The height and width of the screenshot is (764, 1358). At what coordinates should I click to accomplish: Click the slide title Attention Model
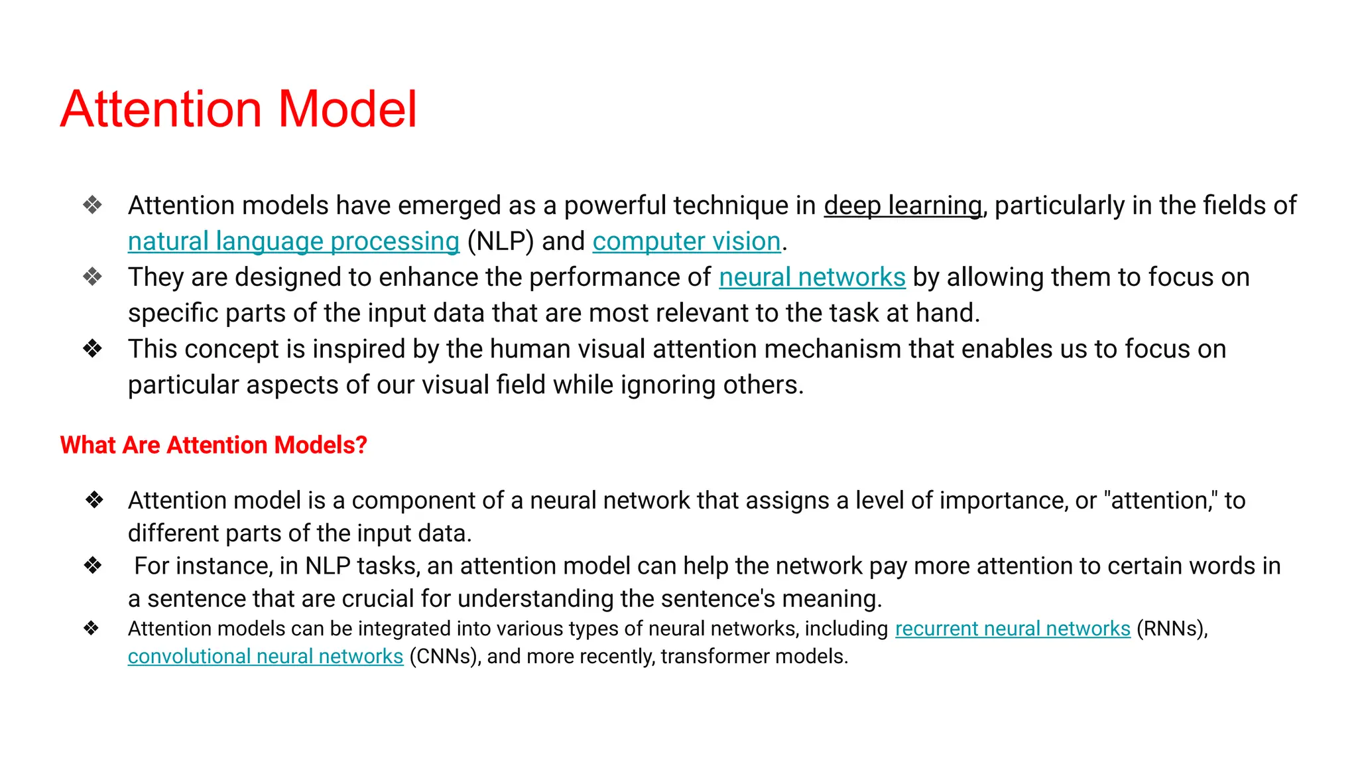pos(239,109)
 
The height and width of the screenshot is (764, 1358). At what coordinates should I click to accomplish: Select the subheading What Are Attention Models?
pos(214,445)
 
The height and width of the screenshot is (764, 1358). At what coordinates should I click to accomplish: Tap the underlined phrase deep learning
pos(902,206)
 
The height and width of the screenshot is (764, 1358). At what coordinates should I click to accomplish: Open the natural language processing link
pos(293,242)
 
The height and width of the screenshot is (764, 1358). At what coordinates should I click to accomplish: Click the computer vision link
pos(686,242)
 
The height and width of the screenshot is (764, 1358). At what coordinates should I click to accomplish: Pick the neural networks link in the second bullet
pos(812,278)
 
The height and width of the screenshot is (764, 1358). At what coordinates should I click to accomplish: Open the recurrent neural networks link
pos(1013,629)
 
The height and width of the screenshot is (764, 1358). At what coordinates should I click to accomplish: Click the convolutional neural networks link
pos(265,657)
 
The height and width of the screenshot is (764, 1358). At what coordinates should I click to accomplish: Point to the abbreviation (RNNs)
pos(1172,629)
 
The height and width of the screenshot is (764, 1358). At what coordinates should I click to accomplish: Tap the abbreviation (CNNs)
pos(445,657)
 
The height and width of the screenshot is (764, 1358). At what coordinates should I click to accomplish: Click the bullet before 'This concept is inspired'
pos(93,349)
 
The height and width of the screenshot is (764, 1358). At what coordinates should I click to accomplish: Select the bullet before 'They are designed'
pos(93,277)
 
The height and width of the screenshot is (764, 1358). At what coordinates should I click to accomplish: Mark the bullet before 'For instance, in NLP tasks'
pos(93,566)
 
